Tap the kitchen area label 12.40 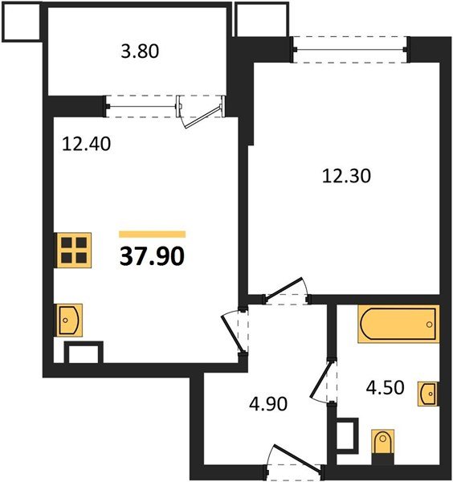[x=86, y=145]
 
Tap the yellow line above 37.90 [x=152, y=234]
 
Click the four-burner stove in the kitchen [x=73, y=250]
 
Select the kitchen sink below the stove [x=67, y=320]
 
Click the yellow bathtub [x=398, y=325]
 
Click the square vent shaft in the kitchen [x=84, y=354]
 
